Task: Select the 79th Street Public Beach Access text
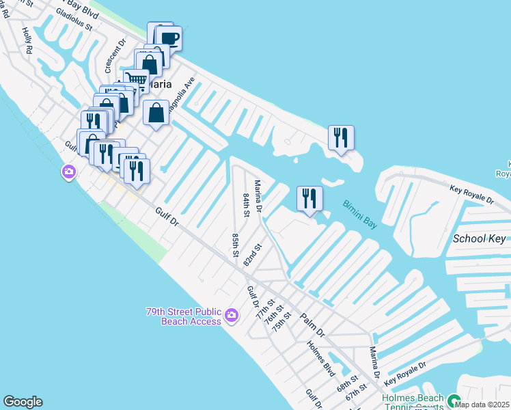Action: [183, 316]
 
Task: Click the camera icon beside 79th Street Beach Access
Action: [232, 315]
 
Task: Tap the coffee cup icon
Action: [169, 38]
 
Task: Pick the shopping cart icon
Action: [137, 81]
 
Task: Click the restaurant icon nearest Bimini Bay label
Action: [310, 198]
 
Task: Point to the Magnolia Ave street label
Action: [183, 92]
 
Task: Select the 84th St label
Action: [246, 205]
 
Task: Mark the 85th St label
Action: [235, 245]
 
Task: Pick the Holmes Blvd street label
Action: [321, 357]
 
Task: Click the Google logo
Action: [23, 402]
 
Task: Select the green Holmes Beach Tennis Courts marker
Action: [452, 399]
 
